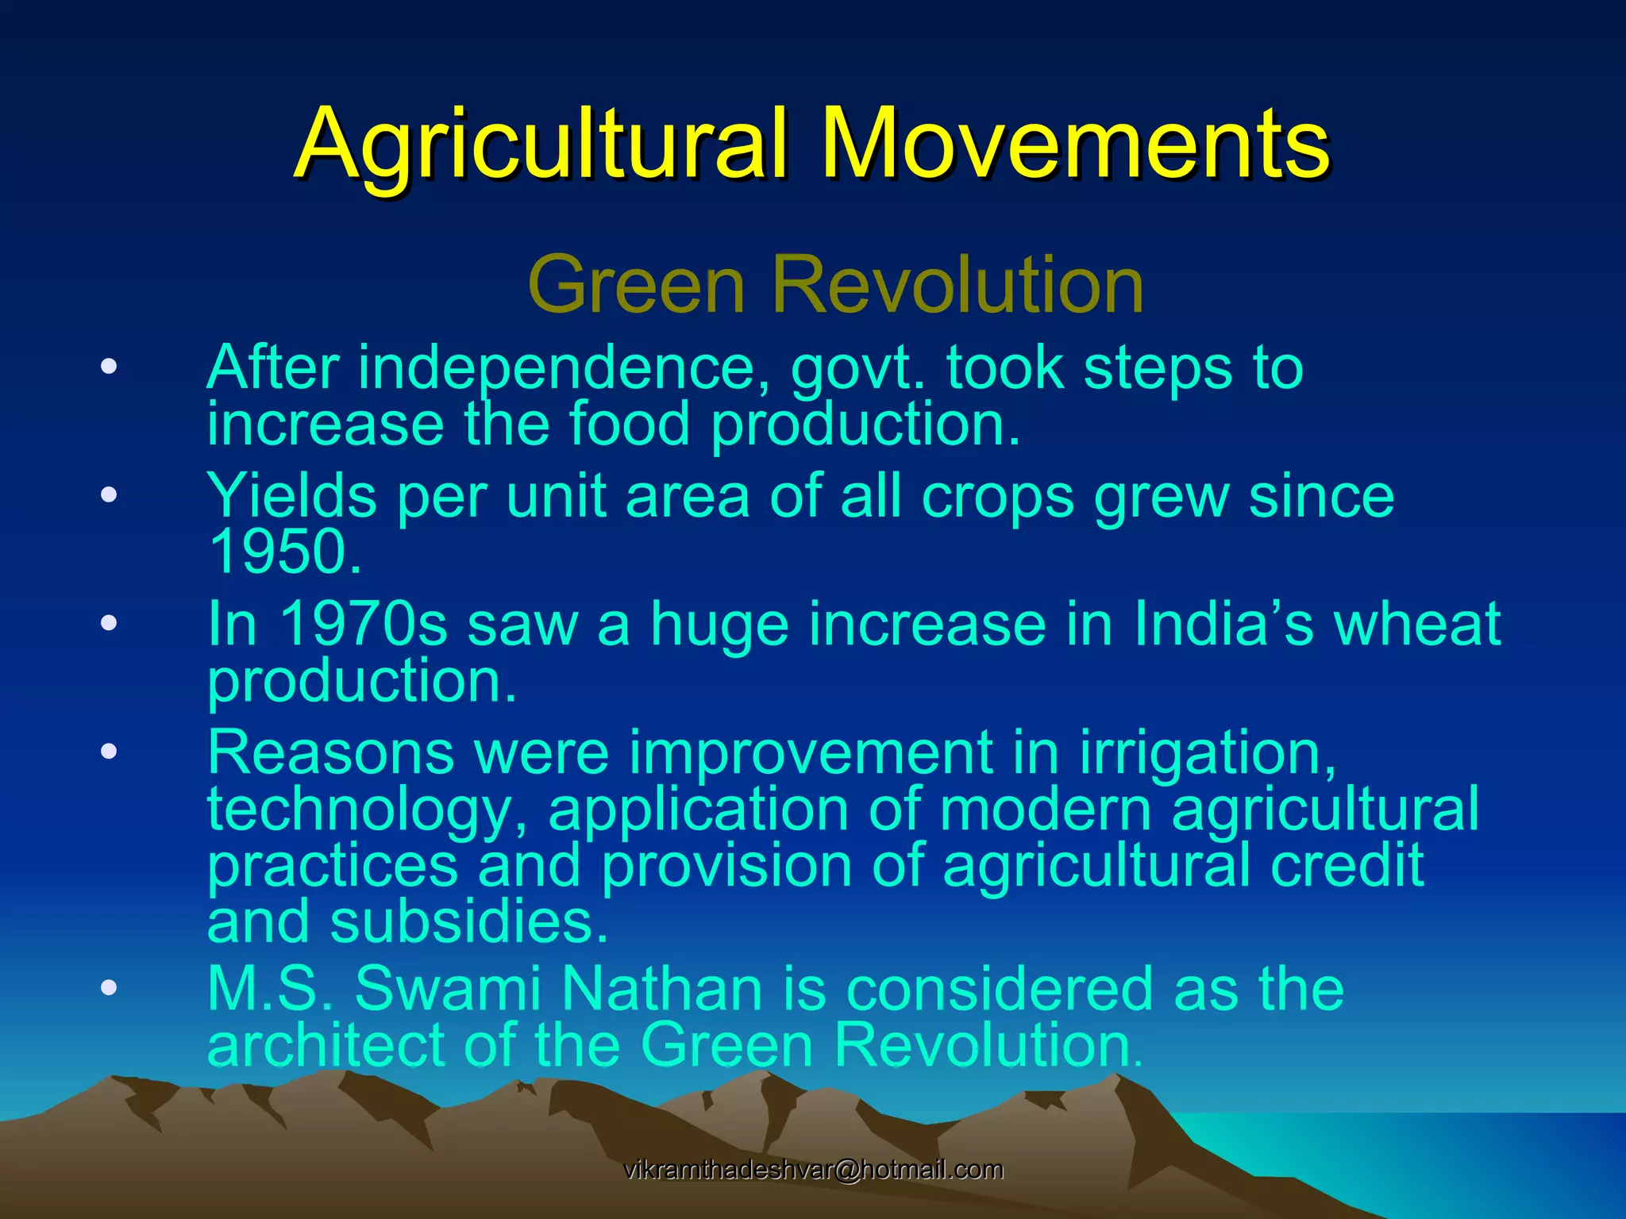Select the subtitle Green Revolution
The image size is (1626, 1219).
(x=835, y=284)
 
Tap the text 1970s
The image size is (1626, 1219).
(x=364, y=624)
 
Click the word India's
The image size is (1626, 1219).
(x=1223, y=624)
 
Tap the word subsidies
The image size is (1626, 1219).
(x=468, y=922)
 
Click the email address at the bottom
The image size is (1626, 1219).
(x=813, y=1169)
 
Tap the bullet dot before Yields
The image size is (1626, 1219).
(x=109, y=496)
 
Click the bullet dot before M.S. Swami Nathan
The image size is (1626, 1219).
(x=109, y=988)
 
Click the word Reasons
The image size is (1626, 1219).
(x=330, y=752)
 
